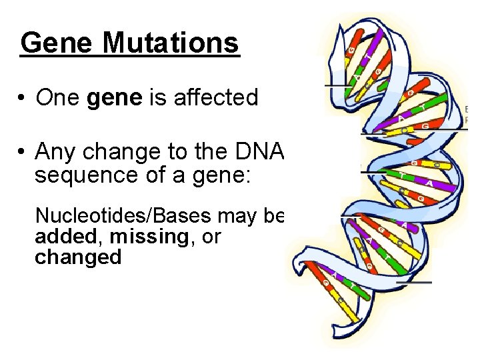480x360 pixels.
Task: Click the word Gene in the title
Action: pos(56,43)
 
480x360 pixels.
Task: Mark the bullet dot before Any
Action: pos(23,153)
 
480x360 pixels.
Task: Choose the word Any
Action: pos(56,153)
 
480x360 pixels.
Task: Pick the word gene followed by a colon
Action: pos(191,176)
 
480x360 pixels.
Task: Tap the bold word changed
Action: pos(78,257)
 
